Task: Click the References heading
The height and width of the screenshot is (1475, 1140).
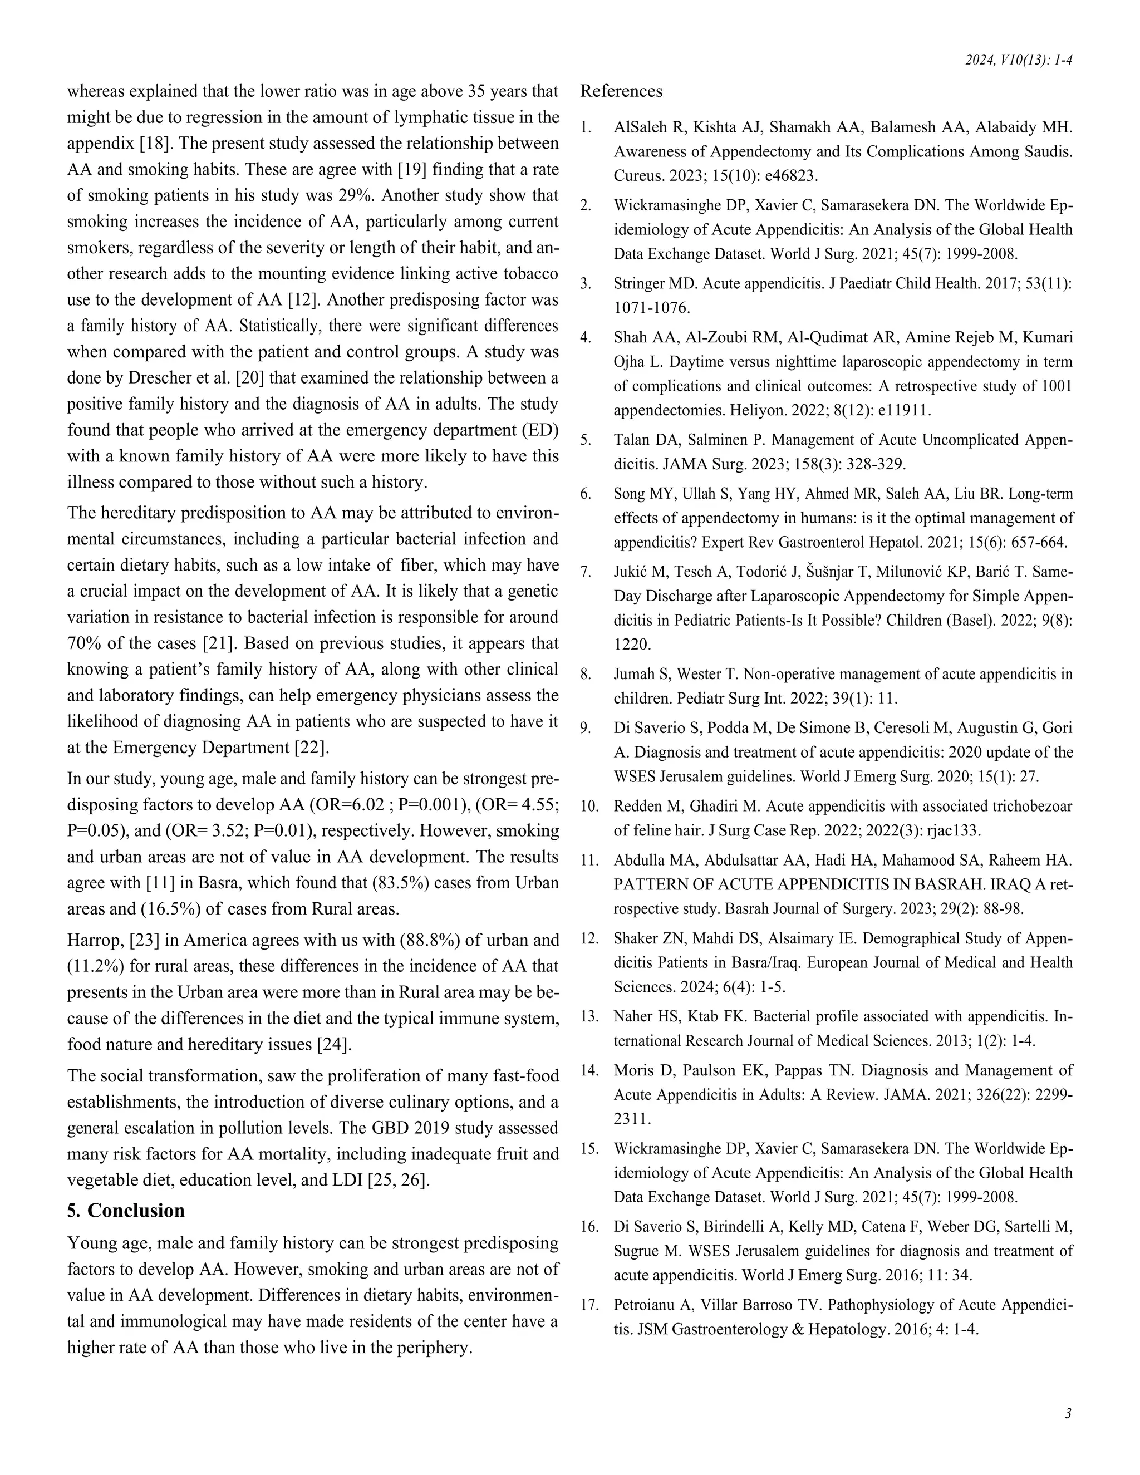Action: pyautogui.click(x=621, y=91)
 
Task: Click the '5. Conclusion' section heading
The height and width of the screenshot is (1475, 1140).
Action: pyautogui.click(x=126, y=1210)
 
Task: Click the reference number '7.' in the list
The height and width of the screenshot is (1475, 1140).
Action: pyautogui.click(x=586, y=572)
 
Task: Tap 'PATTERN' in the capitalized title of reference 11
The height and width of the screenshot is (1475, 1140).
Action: pyautogui.click(x=642, y=884)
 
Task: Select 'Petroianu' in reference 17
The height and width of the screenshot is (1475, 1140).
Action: pyautogui.click(x=645, y=1305)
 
